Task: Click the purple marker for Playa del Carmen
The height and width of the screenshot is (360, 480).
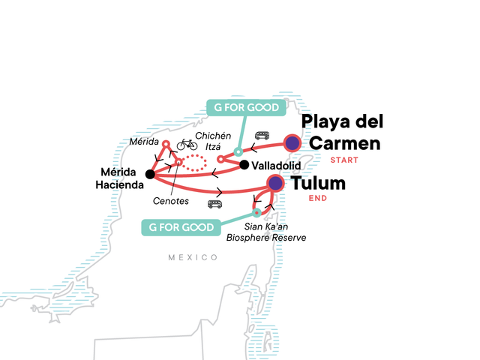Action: pyautogui.click(x=292, y=142)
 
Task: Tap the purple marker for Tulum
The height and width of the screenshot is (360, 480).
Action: pyautogui.click(x=276, y=182)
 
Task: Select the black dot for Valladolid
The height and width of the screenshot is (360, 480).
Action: pyautogui.click(x=244, y=164)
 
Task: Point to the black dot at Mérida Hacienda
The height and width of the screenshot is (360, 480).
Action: pyautogui.click(x=150, y=175)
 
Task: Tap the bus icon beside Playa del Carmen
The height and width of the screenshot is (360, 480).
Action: pyautogui.click(x=262, y=136)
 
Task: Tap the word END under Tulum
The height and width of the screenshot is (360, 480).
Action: pyautogui.click(x=319, y=198)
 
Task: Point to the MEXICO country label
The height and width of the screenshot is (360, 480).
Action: pyautogui.click(x=193, y=257)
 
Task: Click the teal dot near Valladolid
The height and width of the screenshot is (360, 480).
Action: pyautogui.click(x=238, y=152)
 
